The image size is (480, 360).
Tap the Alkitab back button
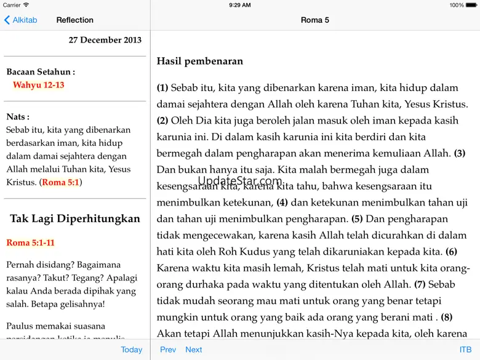coord(21,20)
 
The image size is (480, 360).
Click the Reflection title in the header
coord(75,20)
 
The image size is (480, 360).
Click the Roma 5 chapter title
coord(315,20)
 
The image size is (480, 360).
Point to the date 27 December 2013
coord(105,40)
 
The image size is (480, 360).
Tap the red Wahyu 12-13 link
coord(39,85)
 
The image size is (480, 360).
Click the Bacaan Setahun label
coord(41,72)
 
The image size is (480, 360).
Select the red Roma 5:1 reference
coord(61,182)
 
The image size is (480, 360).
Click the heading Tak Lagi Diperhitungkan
coord(75,218)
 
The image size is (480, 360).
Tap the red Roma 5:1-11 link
coord(31,242)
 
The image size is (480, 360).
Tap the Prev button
coord(168,350)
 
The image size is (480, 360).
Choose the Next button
coord(194,350)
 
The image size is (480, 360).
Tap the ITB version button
coord(465,350)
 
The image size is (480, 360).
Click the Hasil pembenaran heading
coord(200,61)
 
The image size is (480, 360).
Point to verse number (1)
coord(162,88)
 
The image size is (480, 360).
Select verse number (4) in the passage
coord(282,202)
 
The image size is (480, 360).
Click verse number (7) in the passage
coord(420,284)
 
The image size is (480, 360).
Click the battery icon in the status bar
coord(472,5)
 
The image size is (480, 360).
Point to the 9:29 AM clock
coord(239,5)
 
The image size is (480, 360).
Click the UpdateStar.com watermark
coord(240,182)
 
